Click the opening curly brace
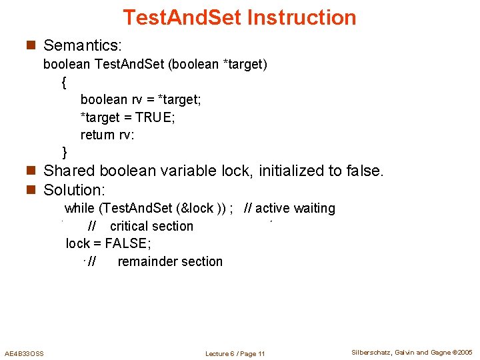click(x=63, y=83)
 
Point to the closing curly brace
click(x=64, y=152)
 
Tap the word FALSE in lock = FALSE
click(x=127, y=243)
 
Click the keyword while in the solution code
click(x=79, y=208)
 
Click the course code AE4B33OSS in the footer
click(x=25, y=353)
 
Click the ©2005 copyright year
click(x=461, y=352)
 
